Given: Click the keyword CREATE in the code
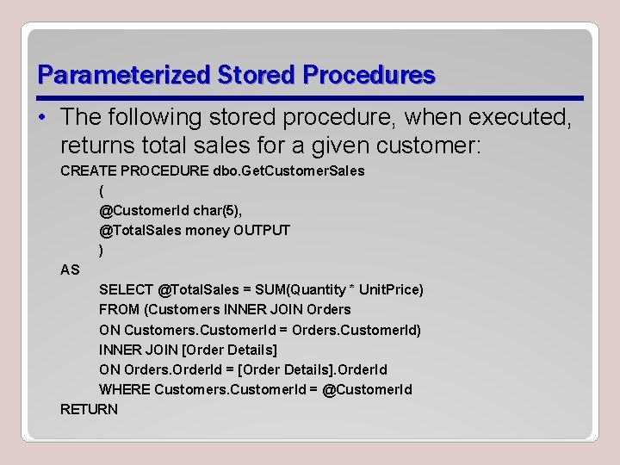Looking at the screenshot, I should click(x=88, y=170).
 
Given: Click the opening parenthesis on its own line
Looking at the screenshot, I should click(x=102, y=191).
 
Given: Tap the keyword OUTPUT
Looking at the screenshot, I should click(x=262, y=230).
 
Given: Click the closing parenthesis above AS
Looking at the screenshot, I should click(x=102, y=250).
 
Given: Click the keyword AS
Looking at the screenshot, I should click(x=70, y=270).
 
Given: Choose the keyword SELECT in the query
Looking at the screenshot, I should click(x=127, y=289).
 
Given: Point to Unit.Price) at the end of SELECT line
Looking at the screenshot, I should click(x=391, y=289).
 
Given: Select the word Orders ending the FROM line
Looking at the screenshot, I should click(x=324, y=309).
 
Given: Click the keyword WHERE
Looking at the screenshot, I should click(x=125, y=389).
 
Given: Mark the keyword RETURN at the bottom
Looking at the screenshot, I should click(x=89, y=409).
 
